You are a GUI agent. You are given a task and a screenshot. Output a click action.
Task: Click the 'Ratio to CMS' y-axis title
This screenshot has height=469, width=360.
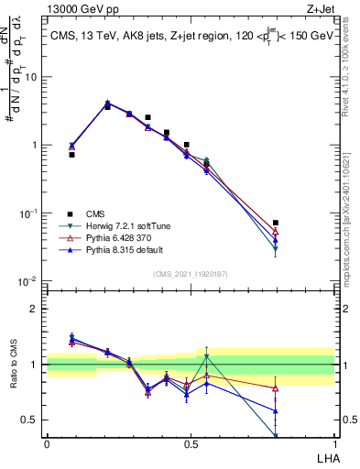(x=13, y=365)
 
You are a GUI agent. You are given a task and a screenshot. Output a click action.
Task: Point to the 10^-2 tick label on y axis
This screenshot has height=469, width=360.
(x=29, y=281)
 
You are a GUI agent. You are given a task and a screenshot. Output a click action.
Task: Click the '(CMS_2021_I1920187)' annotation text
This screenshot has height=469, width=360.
(x=190, y=273)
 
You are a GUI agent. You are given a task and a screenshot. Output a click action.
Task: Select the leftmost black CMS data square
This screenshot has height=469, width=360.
(x=71, y=155)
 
